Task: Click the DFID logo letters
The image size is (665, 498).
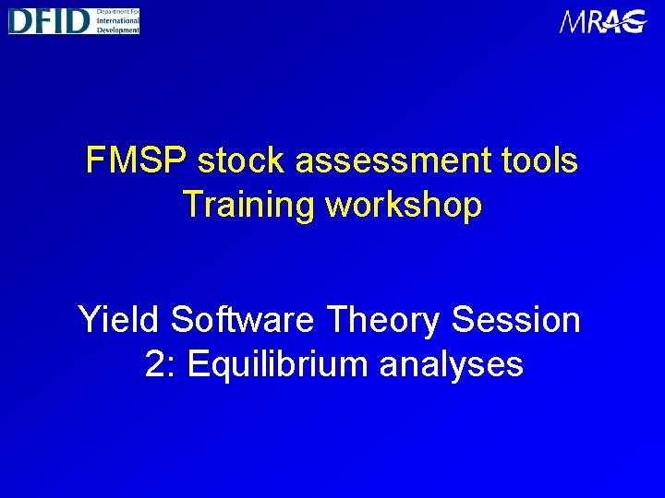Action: pyautogui.click(x=49, y=20)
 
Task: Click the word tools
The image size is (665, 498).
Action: pyautogui.click(x=539, y=160)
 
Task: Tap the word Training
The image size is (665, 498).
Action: pyautogui.click(x=248, y=205)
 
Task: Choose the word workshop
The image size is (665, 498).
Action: pyautogui.click(x=405, y=205)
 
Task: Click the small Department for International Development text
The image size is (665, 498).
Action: pyautogui.click(x=116, y=20)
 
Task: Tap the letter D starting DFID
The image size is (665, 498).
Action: pyautogui.click(x=19, y=20)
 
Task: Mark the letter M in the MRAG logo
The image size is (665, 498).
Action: pyautogui.click(x=573, y=22)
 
